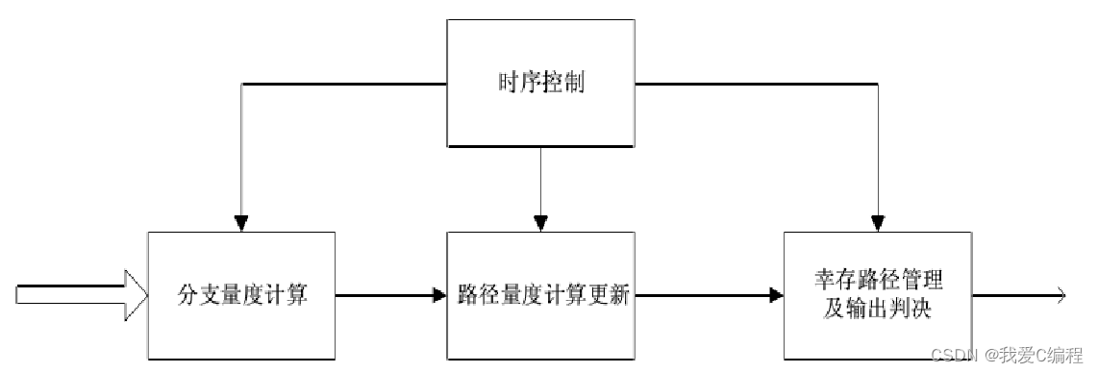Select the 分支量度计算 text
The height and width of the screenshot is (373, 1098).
[x=243, y=294]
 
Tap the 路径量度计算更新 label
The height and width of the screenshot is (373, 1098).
[x=542, y=295]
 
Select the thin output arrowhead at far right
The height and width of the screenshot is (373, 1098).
[x=1060, y=295]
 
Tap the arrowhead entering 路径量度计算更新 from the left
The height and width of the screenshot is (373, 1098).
[x=439, y=295]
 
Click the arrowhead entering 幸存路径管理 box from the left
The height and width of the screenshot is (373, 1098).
[x=777, y=295]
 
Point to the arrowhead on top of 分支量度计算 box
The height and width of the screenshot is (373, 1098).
[x=242, y=224]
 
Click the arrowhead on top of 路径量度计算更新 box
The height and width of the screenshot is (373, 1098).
[x=540, y=224]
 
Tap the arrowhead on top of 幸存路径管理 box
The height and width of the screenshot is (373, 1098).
[x=877, y=224]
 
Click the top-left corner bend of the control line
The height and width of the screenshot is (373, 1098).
[x=242, y=84]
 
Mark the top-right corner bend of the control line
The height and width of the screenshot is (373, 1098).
[x=877, y=84]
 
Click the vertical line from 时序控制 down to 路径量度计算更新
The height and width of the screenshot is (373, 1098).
[x=540, y=183]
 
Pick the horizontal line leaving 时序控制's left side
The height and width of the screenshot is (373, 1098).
[x=346, y=84]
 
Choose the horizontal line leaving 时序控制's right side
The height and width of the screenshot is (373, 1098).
[x=755, y=84]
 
